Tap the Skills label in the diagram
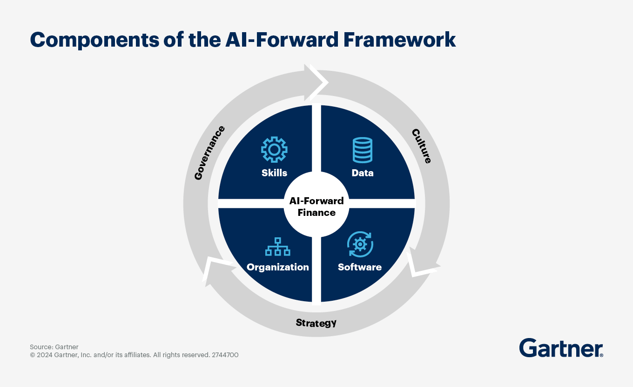click(274, 173)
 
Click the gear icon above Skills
click(274, 149)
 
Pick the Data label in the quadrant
click(362, 173)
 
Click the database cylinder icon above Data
click(362, 150)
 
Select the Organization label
click(277, 267)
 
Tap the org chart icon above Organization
click(277, 247)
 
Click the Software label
click(359, 267)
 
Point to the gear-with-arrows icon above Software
click(360, 244)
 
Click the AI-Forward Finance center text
click(316, 207)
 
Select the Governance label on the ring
click(209, 152)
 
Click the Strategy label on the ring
click(316, 323)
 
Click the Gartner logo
click(561, 348)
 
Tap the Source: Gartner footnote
click(54, 347)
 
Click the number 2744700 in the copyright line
click(225, 355)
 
